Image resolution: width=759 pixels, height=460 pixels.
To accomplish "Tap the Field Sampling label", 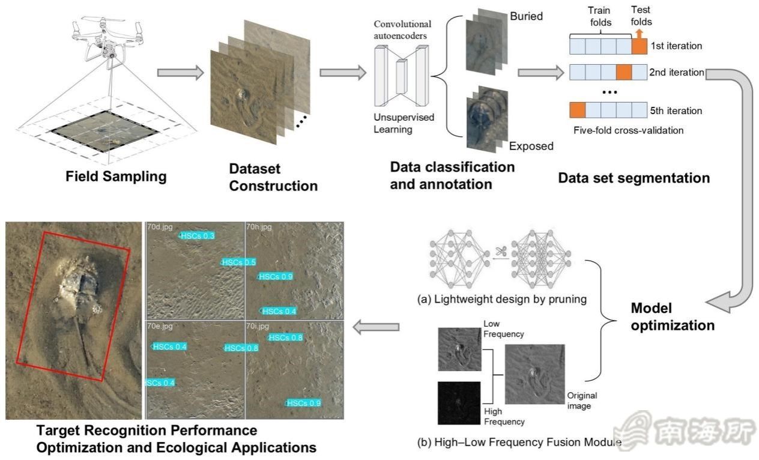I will coord(116,177).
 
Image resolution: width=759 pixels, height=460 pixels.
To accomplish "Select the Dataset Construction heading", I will coord(273,177).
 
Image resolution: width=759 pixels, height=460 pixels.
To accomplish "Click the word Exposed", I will coord(531,146).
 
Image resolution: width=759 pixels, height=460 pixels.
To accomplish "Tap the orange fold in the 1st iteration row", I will coord(640,46).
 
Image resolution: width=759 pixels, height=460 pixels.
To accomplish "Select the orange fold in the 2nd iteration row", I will coord(624,73).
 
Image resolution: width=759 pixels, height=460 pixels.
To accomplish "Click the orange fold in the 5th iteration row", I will coord(577,110).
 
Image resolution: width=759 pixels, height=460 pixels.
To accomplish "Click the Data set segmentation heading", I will coord(634,178).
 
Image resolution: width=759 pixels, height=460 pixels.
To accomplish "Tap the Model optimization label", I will coord(672,316).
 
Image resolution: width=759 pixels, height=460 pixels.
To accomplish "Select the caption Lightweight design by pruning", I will coord(501,298).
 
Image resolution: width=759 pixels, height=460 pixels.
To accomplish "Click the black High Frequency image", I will coord(459,403).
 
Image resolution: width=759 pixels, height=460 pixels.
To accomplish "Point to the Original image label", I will coord(582,401).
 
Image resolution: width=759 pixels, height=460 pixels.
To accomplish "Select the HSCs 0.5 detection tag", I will coord(238,262).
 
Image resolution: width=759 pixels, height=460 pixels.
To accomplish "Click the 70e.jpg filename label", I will coord(159,325).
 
